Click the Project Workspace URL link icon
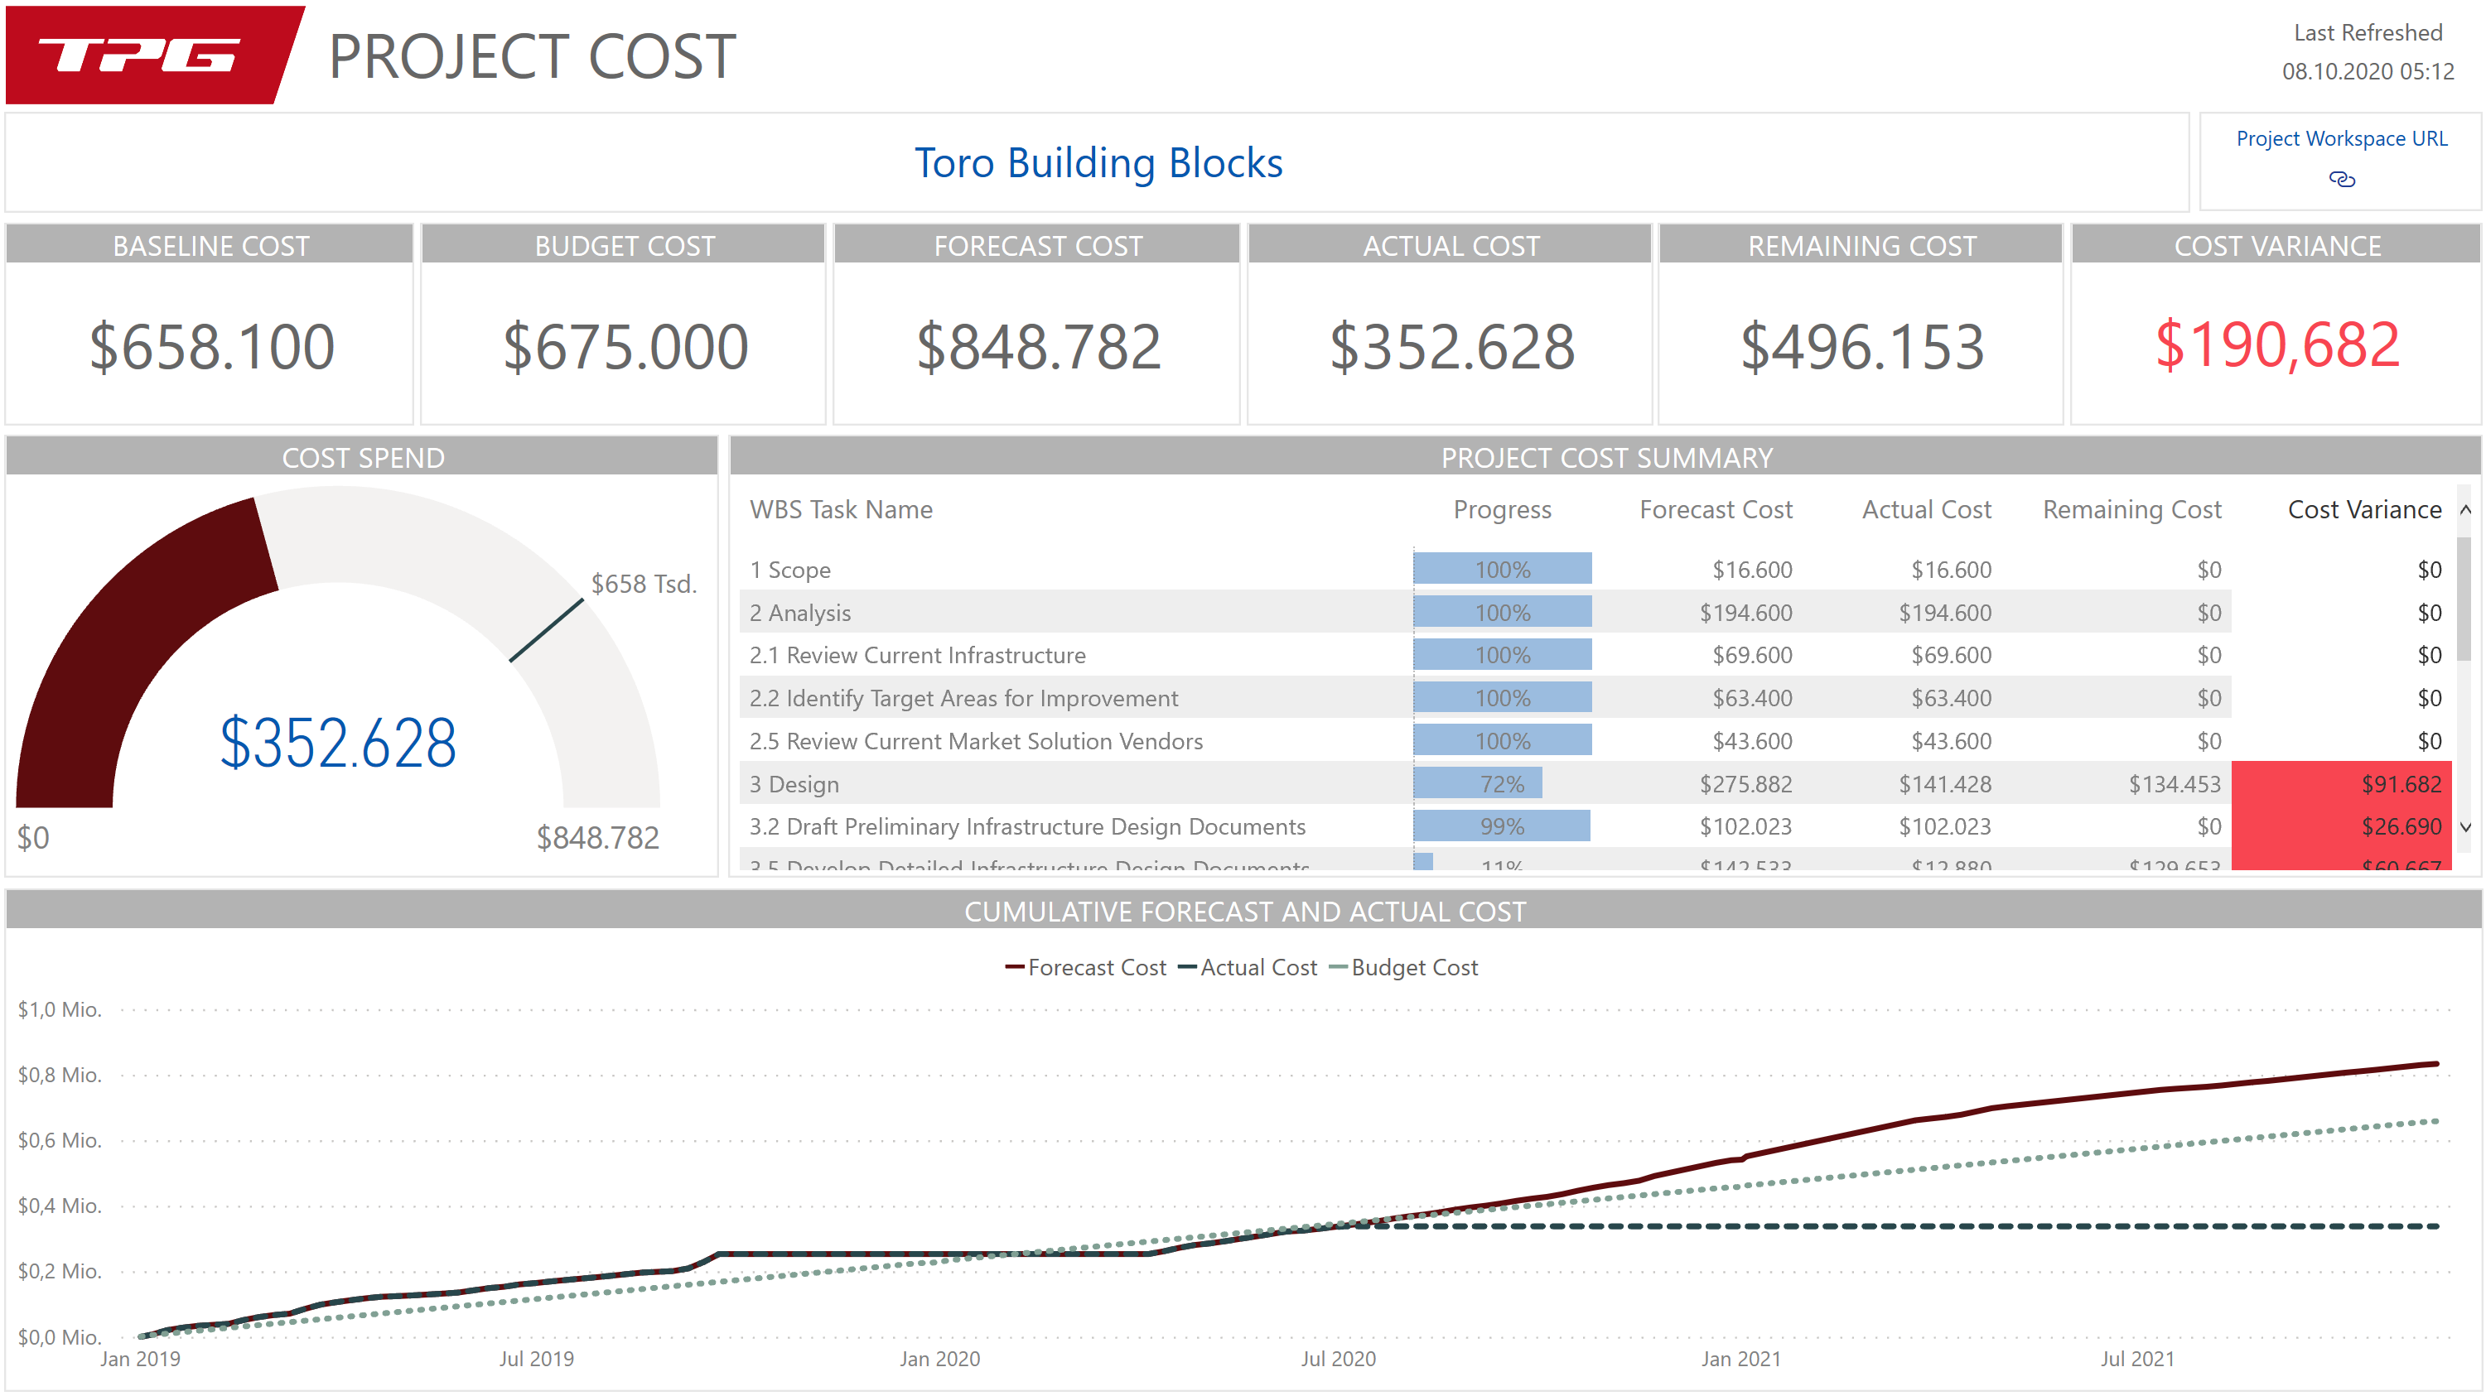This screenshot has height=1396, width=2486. [2341, 180]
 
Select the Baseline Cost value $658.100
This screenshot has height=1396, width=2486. [211, 347]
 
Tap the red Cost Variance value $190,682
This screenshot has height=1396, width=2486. [2276, 345]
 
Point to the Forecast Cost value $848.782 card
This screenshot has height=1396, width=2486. [1037, 347]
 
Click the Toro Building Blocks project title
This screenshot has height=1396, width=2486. [1098, 163]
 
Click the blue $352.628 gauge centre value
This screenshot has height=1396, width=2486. [338, 743]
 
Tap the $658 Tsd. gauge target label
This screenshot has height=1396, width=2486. [644, 584]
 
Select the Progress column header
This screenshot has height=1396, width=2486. [1502, 509]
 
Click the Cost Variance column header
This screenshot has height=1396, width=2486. [2363, 509]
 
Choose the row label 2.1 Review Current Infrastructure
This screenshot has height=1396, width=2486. [917, 655]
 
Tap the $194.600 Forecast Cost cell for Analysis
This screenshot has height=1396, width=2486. [1745, 613]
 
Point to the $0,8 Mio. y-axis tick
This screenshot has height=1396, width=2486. [60, 1075]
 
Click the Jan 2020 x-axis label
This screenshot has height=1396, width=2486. [939, 1359]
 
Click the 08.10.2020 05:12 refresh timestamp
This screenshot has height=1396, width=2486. [2368, 71]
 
